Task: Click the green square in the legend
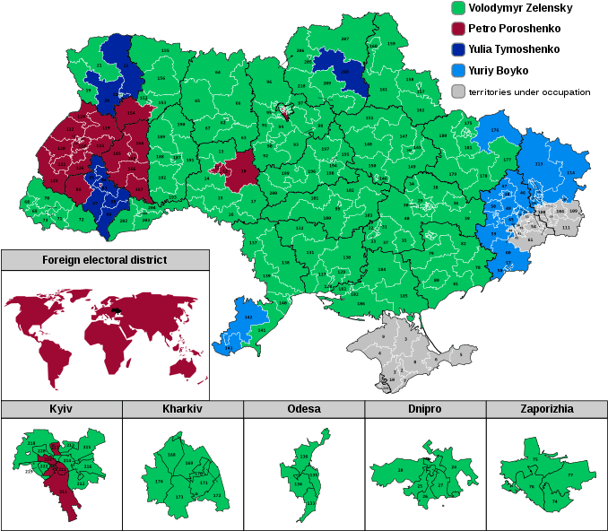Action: [458, 8]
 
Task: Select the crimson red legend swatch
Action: [458, 29]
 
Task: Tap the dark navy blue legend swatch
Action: [458, 49]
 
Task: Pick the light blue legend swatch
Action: [458, 70]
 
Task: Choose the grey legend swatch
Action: [458, 91]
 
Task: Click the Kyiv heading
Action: [61, 409]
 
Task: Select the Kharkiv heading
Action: [182, 409]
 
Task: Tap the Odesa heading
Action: [304, 409]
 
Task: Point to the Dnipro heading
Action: [425, 409]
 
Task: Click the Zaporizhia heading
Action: [546, 409]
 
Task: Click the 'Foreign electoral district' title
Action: [105, 260]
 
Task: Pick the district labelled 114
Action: [571, 172]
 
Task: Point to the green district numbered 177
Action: [507, 160]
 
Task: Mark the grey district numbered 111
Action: [566, 229]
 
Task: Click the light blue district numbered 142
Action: [248, 317]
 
